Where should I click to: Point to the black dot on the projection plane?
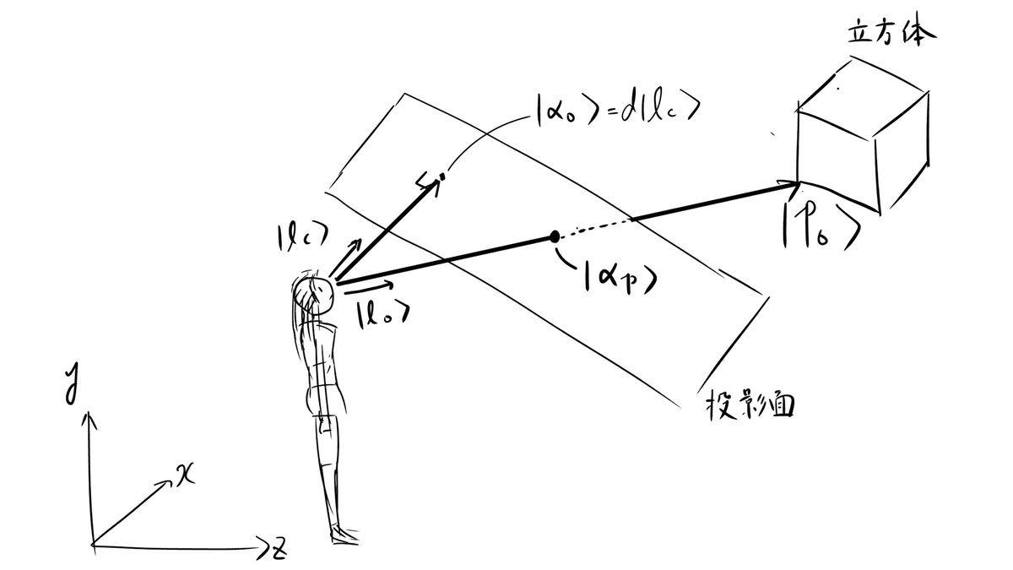tap(555, 237)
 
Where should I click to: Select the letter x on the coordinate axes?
tap(185, 475)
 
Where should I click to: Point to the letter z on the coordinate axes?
tap(278, 550)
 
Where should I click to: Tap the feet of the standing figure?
tap(344, 534)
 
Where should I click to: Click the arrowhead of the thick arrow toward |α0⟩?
tap(436, 181)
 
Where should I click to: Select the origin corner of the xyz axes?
tap(92, 545)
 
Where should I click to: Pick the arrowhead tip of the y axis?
tap(88, 414)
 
